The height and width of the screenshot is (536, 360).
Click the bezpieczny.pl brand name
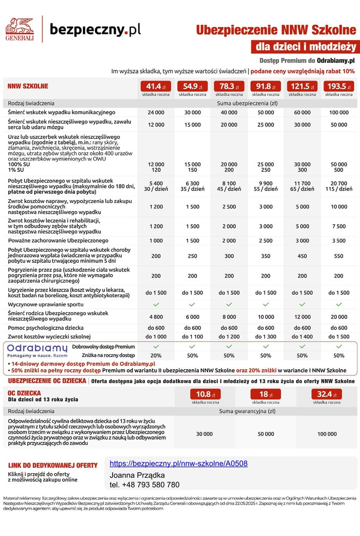coord(95,30)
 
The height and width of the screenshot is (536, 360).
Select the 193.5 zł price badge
coord(339,86)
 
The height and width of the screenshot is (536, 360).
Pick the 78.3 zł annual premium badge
coord(229,86)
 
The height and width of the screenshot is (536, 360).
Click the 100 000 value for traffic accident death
coord(339,112)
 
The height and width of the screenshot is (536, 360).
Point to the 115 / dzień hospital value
coord(339,189)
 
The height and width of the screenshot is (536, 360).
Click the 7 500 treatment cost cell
coord(339,226)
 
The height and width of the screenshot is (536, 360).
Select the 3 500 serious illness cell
coord(339,240)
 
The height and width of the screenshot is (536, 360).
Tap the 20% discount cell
coord(156,356)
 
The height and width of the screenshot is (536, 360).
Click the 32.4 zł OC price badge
coord(327,395)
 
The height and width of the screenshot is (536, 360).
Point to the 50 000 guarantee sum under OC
coord(266,434)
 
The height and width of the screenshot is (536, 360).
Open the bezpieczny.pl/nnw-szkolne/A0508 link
coord(179,464)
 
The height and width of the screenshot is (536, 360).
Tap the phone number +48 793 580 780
coord(144,485)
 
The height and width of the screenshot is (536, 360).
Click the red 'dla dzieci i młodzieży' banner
coord(305,47)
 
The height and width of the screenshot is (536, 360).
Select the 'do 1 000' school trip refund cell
coord(156,337)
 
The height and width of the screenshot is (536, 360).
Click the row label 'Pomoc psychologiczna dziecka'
coord(46,328)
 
